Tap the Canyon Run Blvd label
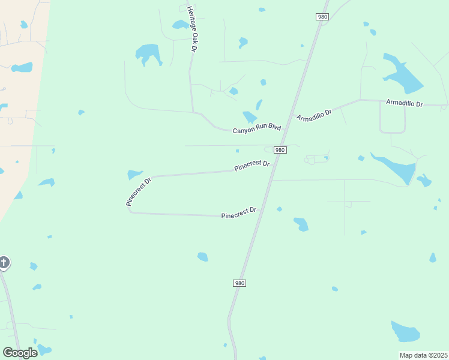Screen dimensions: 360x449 (257, 127)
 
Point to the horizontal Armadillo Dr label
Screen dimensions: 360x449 (405, 104)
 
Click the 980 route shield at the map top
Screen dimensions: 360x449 (322, 17)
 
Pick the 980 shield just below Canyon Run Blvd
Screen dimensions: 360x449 (280, 149)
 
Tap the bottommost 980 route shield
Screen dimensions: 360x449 (240, 283)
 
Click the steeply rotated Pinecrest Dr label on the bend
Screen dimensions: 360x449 (138, 191)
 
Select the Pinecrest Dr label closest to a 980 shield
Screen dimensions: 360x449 (252, 165)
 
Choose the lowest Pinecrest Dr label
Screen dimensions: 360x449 (239, 213)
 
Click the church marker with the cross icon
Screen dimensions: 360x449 (4, 262)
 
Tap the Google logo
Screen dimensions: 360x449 (20, 353)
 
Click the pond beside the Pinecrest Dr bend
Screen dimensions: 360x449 (134, 175)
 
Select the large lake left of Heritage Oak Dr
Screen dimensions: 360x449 (148, 54)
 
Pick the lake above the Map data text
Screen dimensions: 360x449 (406, 331)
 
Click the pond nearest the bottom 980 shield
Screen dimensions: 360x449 (203, 257)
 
